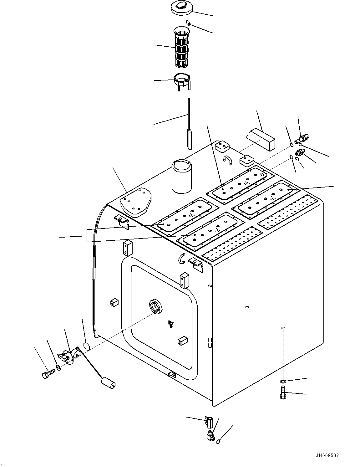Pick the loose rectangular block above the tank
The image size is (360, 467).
coord(261,138)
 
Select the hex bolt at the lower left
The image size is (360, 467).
coord(48,373)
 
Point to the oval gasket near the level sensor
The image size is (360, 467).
coord(87,346)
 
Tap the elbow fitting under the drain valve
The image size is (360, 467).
coord(210,436)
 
